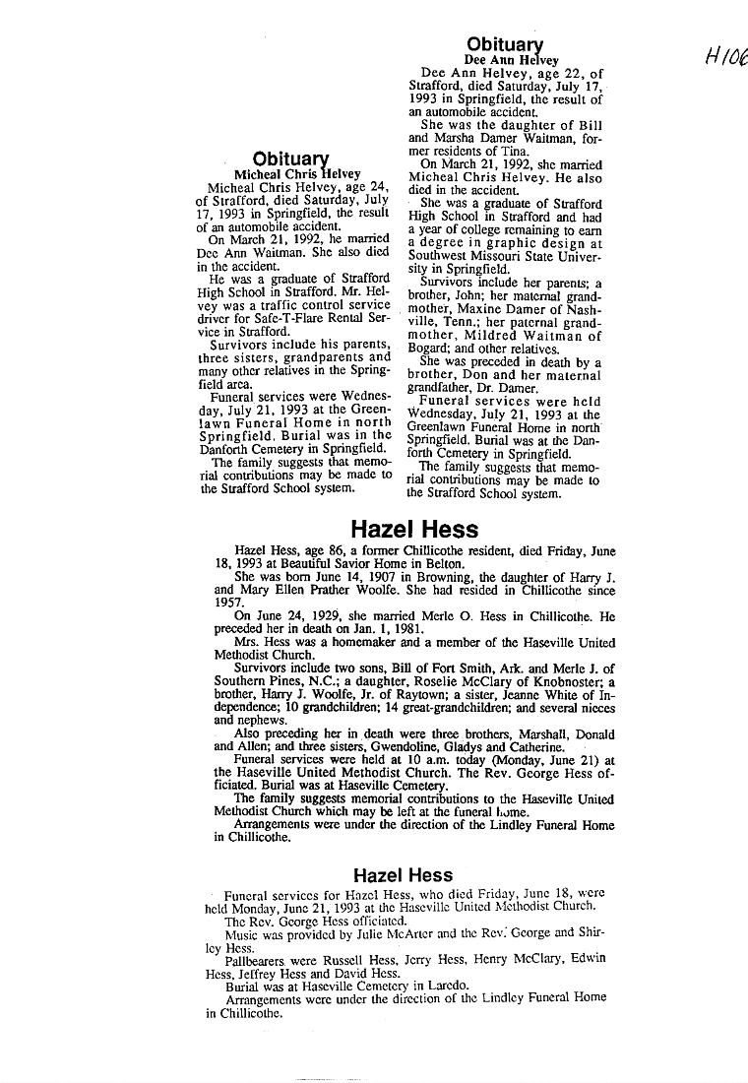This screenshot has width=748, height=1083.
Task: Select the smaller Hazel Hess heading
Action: coord(403,875)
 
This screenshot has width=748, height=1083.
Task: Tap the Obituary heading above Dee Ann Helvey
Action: coord(504,44)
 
